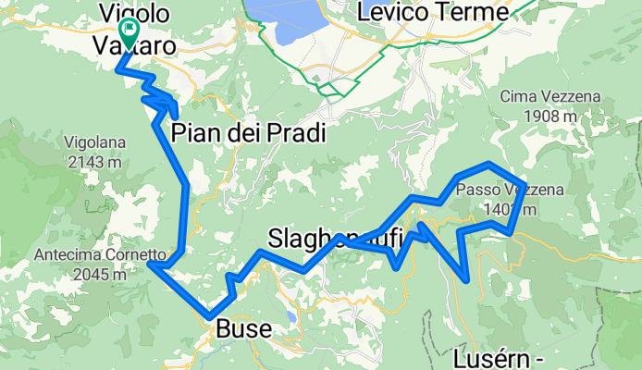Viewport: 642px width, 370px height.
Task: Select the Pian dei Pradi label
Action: (249, 133)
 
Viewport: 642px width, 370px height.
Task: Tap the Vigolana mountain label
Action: (93, 143)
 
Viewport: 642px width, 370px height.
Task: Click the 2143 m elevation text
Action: (90, 162)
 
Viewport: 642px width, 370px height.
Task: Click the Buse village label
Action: (244, 329)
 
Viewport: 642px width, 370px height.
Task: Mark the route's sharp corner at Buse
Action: (212, 317)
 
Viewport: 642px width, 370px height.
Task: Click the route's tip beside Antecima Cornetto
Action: (151, 264)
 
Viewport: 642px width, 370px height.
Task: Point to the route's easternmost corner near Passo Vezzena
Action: (525, 185)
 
